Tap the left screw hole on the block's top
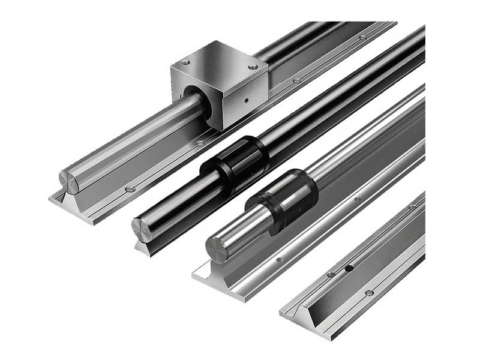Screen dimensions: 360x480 pyautogui.click(x=185, y=62)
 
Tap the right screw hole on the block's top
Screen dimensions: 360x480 pyautogui.click(x=253, y=67)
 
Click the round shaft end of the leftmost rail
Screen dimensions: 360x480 pyautogui.click(x=68, y=181)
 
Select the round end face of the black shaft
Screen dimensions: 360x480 pyautogui.click(x=142, y=230)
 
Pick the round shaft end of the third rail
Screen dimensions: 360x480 pyautogui.click(x=217, y=249)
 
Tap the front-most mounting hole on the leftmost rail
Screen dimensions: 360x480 pyautogui.click(x=130, y=190)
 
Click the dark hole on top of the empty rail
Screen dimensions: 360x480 pyautogui.click(x=349, y=269)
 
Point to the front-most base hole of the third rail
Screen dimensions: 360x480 pyautogui.click(x=278, y=260)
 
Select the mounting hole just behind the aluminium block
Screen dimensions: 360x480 pyautogui.click(x=296, y=80)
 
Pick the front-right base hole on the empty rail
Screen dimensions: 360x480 pyautogui.click(x=369, y=293)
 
